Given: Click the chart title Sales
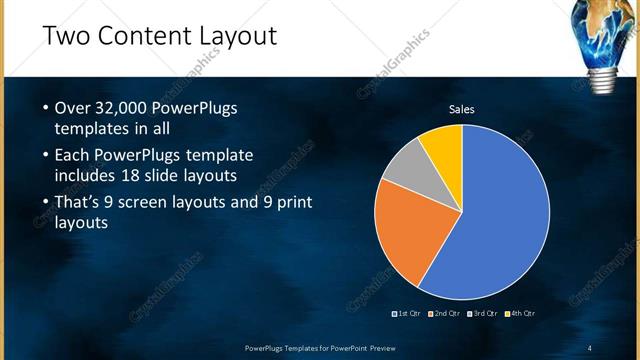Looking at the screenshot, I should click(461, 109).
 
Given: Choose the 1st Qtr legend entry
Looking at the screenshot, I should click(406, 314).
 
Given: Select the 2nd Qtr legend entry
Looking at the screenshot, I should click(442, 314).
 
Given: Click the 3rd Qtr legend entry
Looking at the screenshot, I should click(482, 314).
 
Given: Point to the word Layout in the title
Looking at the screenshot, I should click(240, 37).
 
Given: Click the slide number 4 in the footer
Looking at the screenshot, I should click(589, 347).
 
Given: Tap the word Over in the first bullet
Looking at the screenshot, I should click(73, 108).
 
